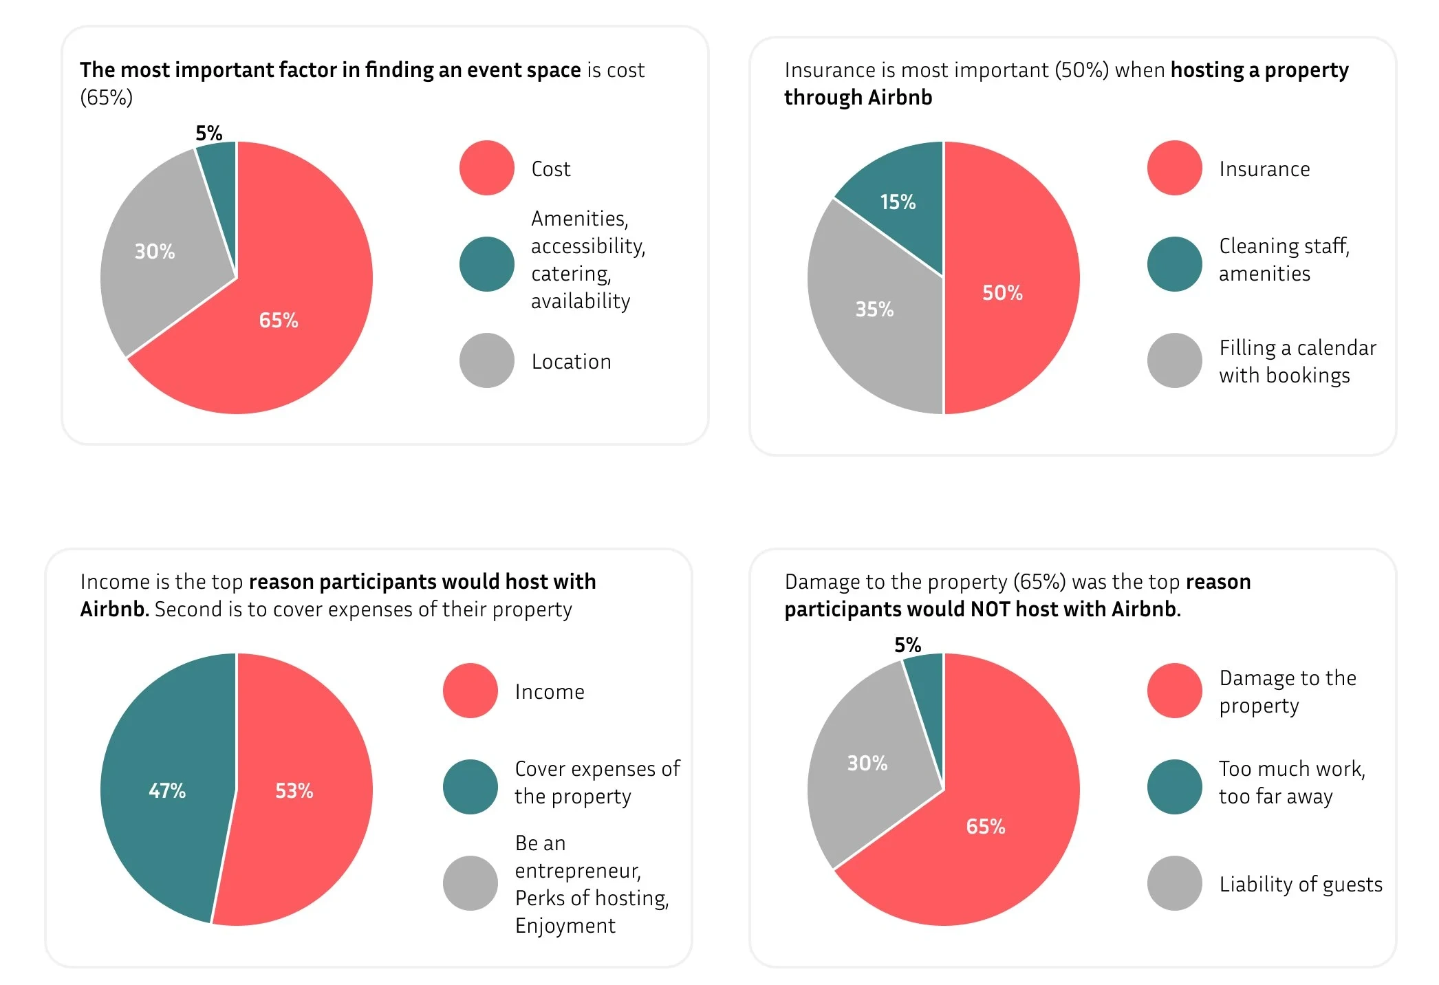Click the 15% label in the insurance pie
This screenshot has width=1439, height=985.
898,202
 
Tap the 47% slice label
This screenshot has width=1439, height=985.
167,791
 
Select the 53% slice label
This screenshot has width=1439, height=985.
294,791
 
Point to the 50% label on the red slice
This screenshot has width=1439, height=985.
1002,293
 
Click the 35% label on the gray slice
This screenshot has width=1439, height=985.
874,310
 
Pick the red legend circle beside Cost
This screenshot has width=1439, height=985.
486,168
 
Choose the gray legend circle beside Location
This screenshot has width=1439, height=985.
486,360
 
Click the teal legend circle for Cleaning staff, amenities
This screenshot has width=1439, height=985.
1174,264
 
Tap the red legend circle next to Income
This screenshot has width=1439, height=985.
470,691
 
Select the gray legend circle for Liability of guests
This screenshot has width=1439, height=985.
1174,883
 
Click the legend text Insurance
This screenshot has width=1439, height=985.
1264,169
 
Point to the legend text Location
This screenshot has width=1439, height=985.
571,362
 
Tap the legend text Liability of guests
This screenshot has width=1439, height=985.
1300,885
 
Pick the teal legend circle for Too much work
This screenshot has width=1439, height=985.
1174,787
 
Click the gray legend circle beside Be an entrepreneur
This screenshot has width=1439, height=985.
470,883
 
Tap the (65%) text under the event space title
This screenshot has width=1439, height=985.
106,98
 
